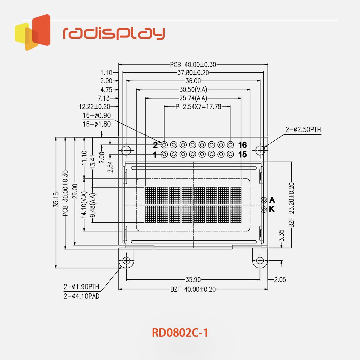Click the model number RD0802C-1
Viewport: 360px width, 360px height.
click(x=180, y=333)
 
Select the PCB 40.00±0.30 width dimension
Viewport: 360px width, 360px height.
click(x=193, y=64)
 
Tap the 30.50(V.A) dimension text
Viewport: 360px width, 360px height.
click(x=193, y=89)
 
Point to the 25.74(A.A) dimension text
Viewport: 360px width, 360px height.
click(x=193, y=98)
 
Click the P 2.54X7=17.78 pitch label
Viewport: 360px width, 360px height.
click(x=198, y=106)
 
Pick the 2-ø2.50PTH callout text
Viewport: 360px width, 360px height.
click(x=303, y=130)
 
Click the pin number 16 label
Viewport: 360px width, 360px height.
click(x=242, y=145)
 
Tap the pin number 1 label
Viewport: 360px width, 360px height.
click(x=155, y=155)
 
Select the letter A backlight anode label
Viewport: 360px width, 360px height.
click(x=272, y=200)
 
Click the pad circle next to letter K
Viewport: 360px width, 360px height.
click(x=264, y=209)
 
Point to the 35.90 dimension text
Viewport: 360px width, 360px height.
click(x=193, y=280)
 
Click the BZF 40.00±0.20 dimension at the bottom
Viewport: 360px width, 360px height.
click(x=193, y=289)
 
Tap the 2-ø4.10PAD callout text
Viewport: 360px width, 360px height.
click(x=81, y=296)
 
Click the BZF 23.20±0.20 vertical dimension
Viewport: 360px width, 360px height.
click(x=292, y=205)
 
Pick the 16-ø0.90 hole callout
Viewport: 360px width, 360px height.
click(x=97, y=115)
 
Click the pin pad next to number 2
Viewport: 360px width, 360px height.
click(x=164, y=145)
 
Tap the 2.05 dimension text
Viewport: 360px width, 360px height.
click(x=280, y=280)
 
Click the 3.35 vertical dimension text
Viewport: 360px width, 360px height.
click(x=281, y=236)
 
